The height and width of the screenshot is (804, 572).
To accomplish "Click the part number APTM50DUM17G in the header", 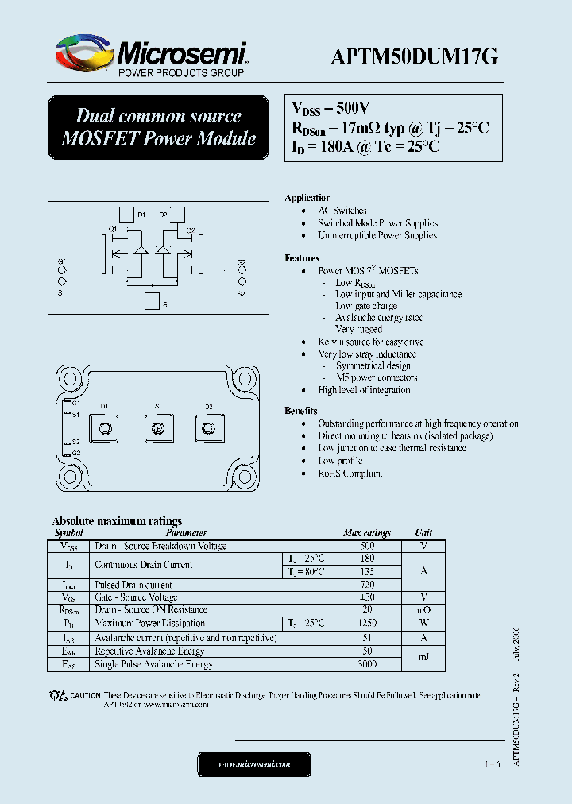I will (414, 56).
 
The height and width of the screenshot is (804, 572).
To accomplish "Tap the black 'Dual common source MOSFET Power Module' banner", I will (159, 127).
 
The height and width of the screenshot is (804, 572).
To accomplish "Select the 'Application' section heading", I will (307, 198).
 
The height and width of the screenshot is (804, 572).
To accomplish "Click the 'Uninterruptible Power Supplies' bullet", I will (377, 235).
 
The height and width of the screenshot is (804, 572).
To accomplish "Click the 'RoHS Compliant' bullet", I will (350, 474).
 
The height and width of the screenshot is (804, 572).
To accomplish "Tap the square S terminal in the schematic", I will (151, 300).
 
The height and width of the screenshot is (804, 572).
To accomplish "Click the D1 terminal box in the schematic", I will (126, 215).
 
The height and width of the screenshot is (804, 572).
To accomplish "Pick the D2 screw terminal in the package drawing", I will (209, 429).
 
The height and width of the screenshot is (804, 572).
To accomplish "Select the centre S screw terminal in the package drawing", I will (157, 429).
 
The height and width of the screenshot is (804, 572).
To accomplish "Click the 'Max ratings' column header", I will (366, 533).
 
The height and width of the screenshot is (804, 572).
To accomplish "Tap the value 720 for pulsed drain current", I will (366, 584).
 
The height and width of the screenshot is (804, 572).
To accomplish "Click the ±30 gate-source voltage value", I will (366, 597).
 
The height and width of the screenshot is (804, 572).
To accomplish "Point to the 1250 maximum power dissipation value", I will (366, 624).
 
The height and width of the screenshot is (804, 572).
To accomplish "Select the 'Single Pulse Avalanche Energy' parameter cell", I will (154, 664).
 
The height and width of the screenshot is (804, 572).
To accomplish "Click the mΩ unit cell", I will (423, 610).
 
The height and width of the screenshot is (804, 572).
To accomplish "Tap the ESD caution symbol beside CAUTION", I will (59, 696).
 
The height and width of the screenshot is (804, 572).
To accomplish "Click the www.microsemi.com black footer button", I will (254, 764).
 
